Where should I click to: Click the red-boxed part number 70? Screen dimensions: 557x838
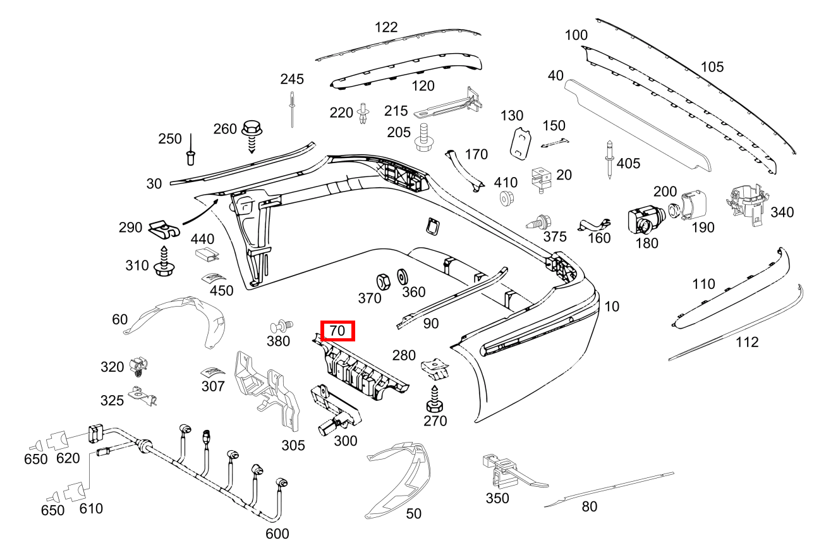coord(337,331)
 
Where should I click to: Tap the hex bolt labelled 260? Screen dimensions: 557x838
coord(252,131)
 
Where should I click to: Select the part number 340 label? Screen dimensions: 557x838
coord(782,212)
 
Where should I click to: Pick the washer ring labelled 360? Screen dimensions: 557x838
coord(401,276)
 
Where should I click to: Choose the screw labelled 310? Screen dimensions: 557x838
coord(164,264)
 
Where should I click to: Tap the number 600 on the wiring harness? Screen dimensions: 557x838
coord(277,534)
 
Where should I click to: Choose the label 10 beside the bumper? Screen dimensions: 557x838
coord(612,307)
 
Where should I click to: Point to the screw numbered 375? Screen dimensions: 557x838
coord(538,222)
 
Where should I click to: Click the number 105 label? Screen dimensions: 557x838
coord(712,66)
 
